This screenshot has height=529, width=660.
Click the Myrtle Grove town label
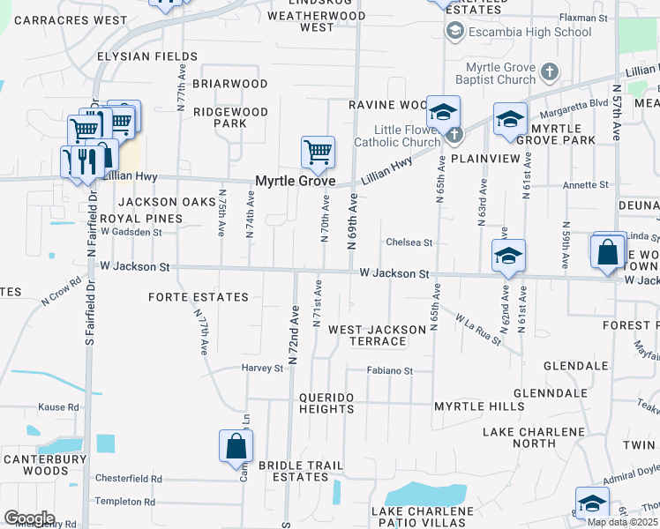295,181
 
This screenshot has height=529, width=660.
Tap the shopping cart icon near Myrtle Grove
318,153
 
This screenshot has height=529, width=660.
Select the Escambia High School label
529,33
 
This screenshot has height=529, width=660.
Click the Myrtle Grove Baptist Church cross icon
548,71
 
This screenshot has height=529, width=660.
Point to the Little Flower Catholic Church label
396,136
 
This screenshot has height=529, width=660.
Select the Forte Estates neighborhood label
199,297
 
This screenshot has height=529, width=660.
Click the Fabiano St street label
390,371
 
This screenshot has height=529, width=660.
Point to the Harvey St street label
262,368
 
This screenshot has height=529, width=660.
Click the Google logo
29,518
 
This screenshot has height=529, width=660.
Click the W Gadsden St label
131,232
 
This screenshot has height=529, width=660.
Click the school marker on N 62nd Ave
508,257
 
